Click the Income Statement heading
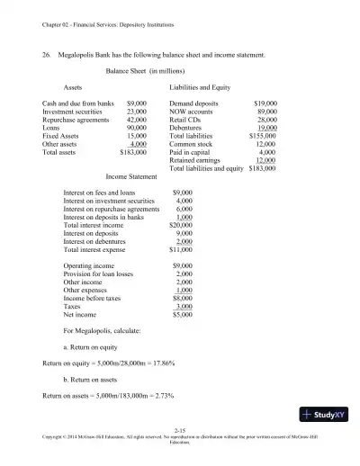(x=130, y=177)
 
